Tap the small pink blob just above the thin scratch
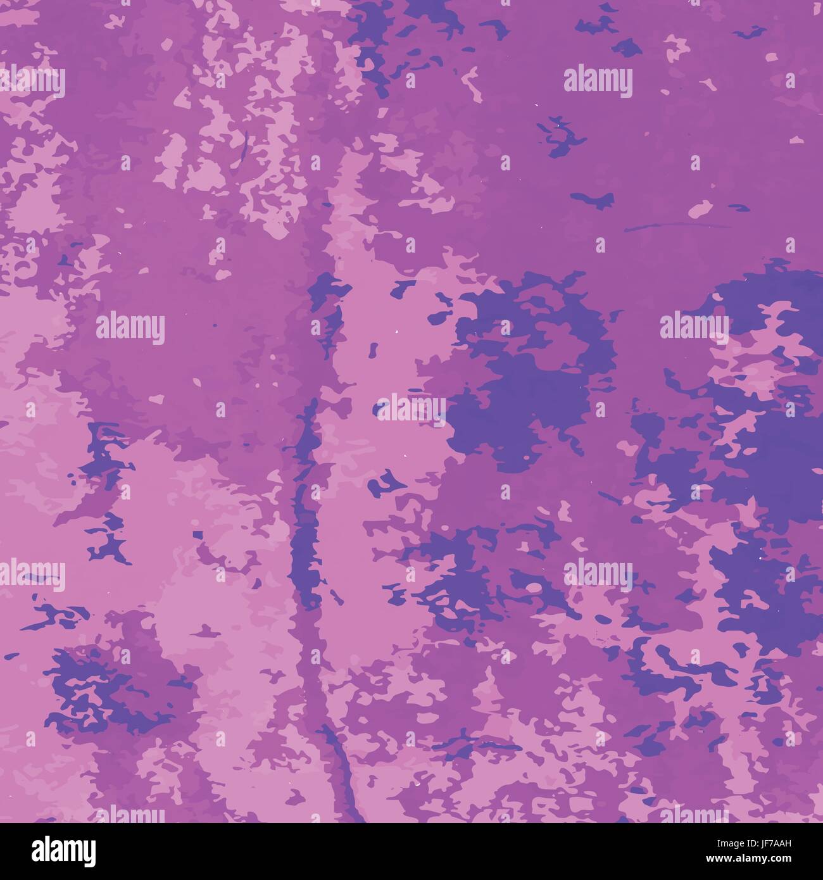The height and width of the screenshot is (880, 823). [700, 208]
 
